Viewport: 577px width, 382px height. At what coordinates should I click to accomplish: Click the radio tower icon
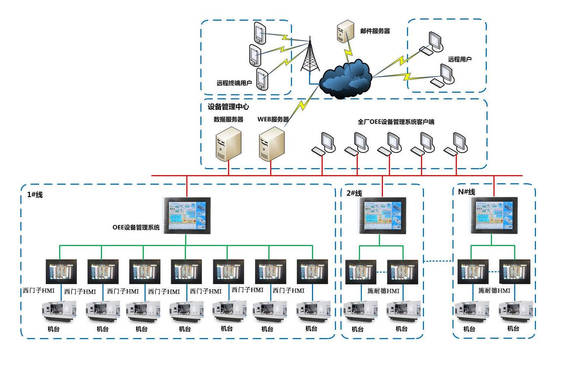310,55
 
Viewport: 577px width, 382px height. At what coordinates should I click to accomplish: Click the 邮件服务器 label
375,31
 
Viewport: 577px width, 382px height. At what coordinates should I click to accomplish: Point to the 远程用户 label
460,59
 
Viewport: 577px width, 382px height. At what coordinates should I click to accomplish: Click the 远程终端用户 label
234,83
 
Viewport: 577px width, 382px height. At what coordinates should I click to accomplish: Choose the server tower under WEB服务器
272,144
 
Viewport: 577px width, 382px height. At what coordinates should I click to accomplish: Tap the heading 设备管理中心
228,107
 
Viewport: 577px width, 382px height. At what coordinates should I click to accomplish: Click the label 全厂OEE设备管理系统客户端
396,122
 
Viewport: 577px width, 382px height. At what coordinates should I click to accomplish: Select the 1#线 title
35,195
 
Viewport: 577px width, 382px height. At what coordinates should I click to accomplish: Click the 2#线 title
354,193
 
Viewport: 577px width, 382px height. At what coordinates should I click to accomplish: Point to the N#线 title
466,192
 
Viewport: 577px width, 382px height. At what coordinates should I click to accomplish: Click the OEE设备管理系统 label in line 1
136,228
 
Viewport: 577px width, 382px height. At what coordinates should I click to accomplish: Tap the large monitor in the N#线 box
494,215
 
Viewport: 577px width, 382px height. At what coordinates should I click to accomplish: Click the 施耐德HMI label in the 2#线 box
383,291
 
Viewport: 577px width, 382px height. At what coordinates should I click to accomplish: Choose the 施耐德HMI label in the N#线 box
494,291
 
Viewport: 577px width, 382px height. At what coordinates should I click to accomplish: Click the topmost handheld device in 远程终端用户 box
260,33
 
